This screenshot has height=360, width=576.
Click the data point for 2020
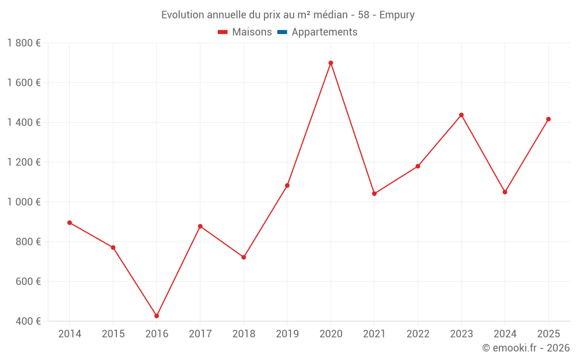click(331, 63)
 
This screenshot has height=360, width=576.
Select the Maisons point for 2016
click(157, 316)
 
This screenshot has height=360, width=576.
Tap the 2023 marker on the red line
click(461, 115)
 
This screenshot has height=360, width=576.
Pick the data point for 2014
click(70, 222)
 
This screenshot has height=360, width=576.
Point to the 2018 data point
click(244, 257)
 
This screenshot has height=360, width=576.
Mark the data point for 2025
click(548, 119)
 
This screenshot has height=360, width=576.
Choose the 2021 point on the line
click(374, 194)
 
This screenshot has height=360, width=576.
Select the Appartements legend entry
click(324, 32)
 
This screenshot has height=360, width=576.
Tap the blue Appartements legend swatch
click(282, 32)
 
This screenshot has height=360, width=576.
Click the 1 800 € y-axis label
click(24, 43)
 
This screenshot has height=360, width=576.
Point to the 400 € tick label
click(28, 321)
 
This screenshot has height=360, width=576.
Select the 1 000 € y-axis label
click(24, 202)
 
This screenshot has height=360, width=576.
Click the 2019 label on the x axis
click(287, 334)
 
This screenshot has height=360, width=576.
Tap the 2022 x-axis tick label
click(418, 334)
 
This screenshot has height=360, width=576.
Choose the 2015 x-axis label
click(113, 334)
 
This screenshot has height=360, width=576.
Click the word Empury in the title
click(397, 15)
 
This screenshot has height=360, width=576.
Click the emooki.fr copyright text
click(526, 348)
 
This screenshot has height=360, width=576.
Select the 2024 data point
click(505, 192)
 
